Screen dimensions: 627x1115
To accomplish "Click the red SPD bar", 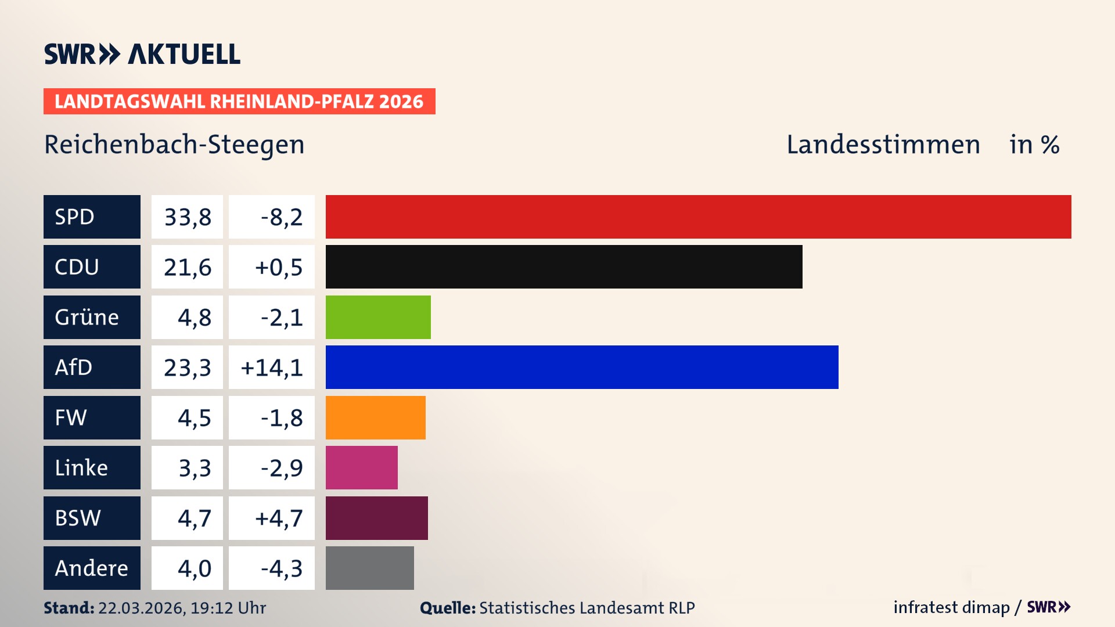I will click(698, 217).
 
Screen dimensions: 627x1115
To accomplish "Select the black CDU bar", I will click(563, 266).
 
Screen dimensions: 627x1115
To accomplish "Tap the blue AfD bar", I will click(582, 367).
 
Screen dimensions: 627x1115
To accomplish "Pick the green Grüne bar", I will click(378, 317).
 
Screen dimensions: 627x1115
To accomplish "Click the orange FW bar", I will click(375, 417).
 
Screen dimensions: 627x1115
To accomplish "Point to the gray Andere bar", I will click(369, 568).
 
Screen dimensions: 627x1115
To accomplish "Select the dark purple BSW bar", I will click(376, 518).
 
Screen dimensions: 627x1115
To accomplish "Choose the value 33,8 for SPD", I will click(187, 217).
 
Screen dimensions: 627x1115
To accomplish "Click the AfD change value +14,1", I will click(272, 367).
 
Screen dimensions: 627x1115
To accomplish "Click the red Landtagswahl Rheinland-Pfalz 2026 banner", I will click(239, 102).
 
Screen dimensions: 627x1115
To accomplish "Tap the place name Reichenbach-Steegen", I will click(174, 145).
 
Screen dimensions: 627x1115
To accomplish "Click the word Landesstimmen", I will click(883, 145).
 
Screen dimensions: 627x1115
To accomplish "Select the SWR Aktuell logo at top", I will click(142, 54).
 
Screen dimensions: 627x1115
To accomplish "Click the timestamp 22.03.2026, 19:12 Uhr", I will click(182, 608).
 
